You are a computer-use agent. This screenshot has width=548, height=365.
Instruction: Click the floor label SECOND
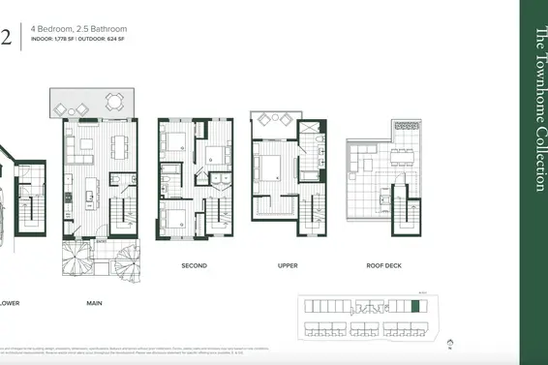[x=196, y=264]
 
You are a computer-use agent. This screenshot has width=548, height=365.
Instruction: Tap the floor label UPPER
[x=287, y=264]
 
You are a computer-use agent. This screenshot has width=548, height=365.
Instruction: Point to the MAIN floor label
[x=94, y=303]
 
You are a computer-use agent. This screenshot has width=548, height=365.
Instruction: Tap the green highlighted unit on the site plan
[x=416, y=307]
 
